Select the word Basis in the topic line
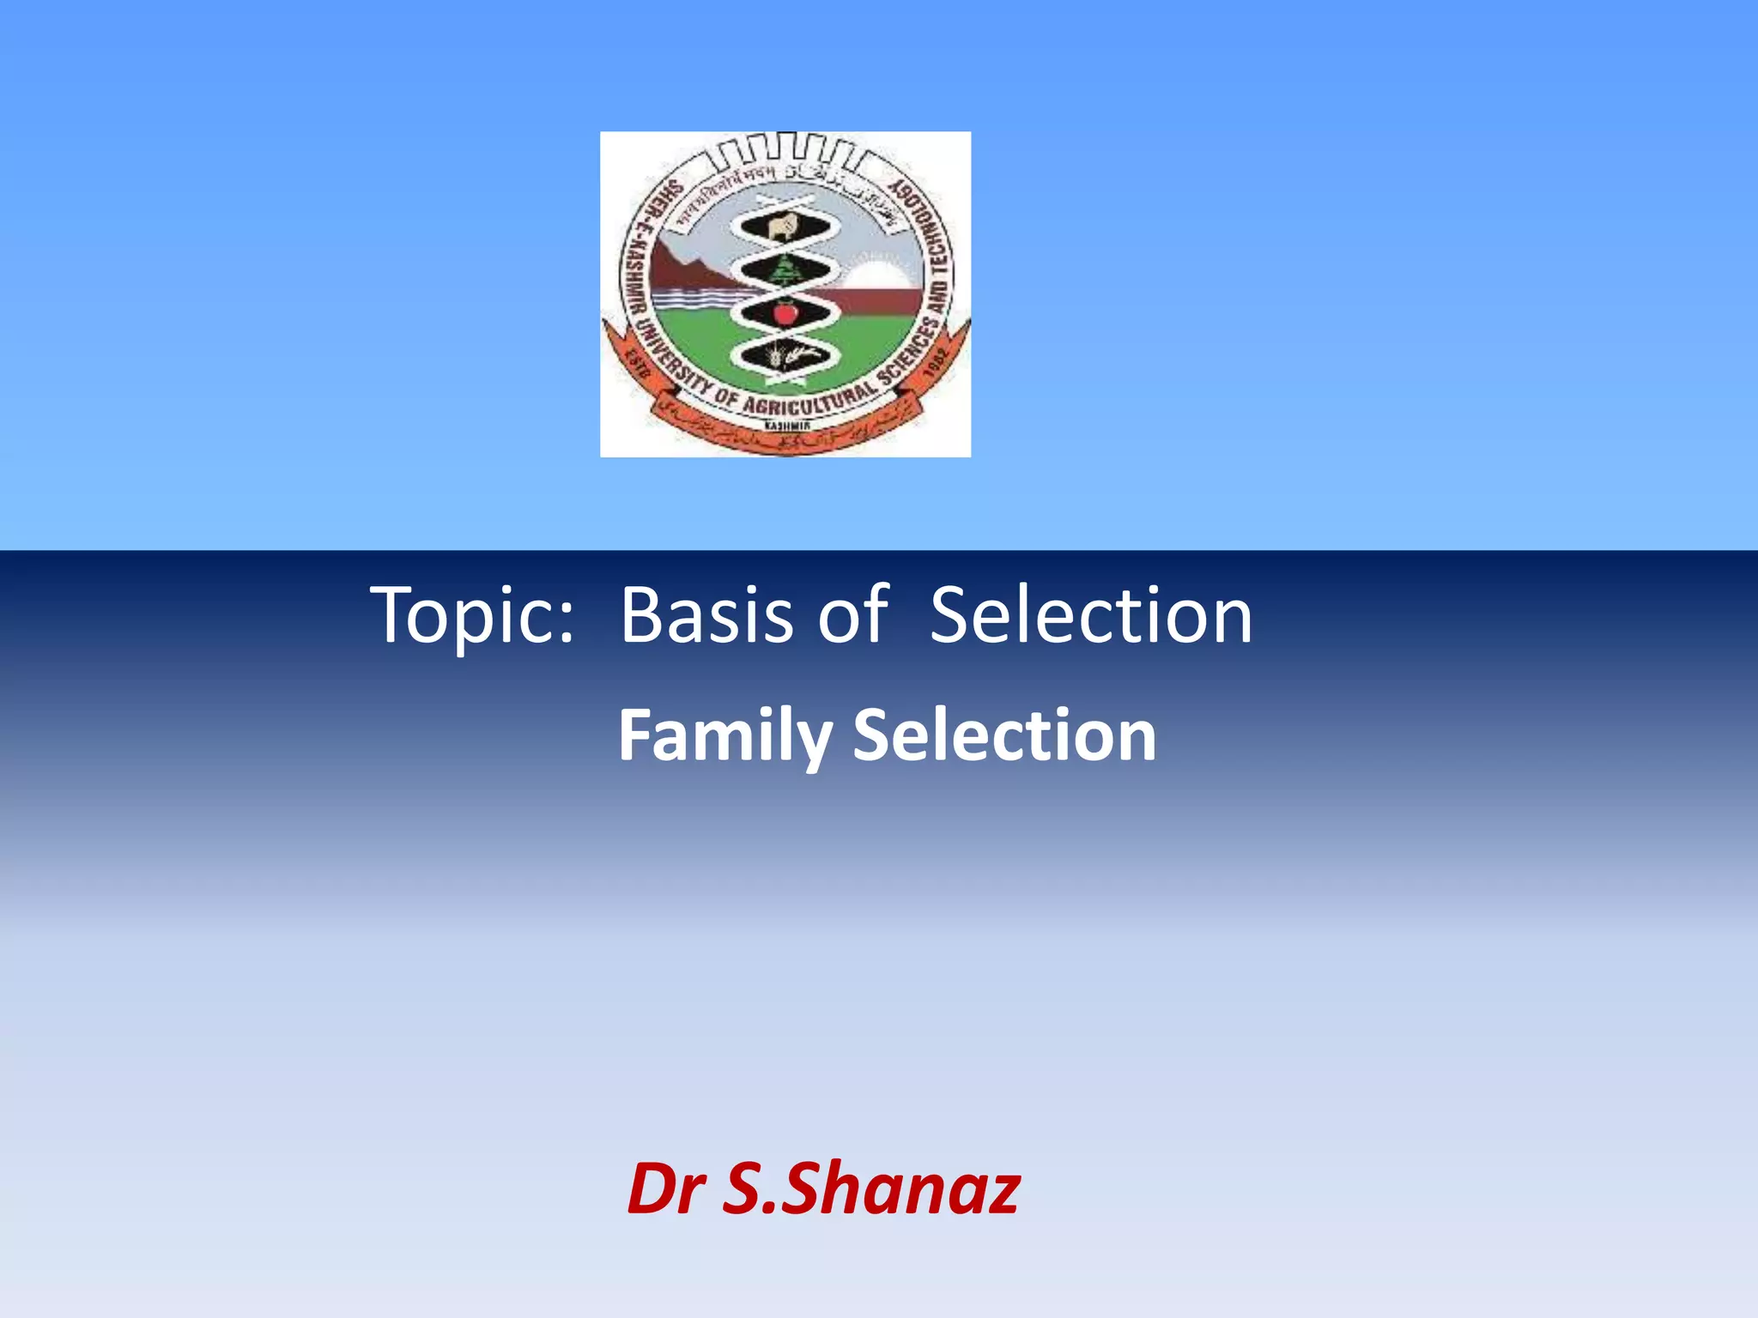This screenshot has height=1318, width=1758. pyautogui.click(x=706, y=615)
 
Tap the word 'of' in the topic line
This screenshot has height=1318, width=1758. pyautogui.click(x=852, y=615)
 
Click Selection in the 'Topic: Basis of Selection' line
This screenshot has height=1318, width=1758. pyautogui.click(x=1091, y=615)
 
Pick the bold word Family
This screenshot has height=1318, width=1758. pyautogui.click(x=724, y=736)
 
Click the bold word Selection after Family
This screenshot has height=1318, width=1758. pyautogui.click(x=1004, y=736)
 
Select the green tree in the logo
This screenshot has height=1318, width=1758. pyautogui.click(x=784, y=272)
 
